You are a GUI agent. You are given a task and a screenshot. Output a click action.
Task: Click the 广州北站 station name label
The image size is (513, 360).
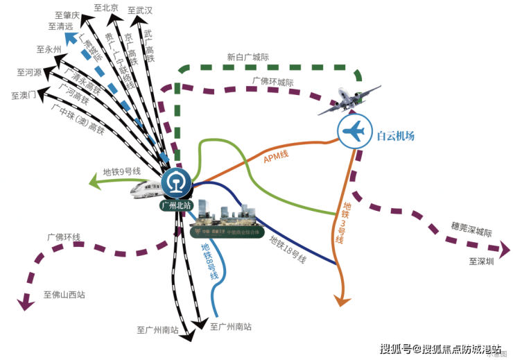click(x=176, y=206)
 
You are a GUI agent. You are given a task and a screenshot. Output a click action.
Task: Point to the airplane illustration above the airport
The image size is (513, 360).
click(x=350, y=101)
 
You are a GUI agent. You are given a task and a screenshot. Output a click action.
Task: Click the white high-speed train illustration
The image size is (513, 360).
click(x=145, y=189)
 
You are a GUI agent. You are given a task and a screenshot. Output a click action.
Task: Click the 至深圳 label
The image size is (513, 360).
click(x=482, y=262)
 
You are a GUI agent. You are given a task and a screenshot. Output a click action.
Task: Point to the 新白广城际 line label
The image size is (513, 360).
click(x=247, y=58)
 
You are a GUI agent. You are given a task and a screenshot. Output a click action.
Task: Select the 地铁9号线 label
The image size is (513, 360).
click(x=121, y=171)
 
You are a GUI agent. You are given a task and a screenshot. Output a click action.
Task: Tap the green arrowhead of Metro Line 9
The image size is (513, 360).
click(x=94, y=182)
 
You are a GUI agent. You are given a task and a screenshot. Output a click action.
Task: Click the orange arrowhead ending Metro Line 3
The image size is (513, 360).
click(x=340, y=300)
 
